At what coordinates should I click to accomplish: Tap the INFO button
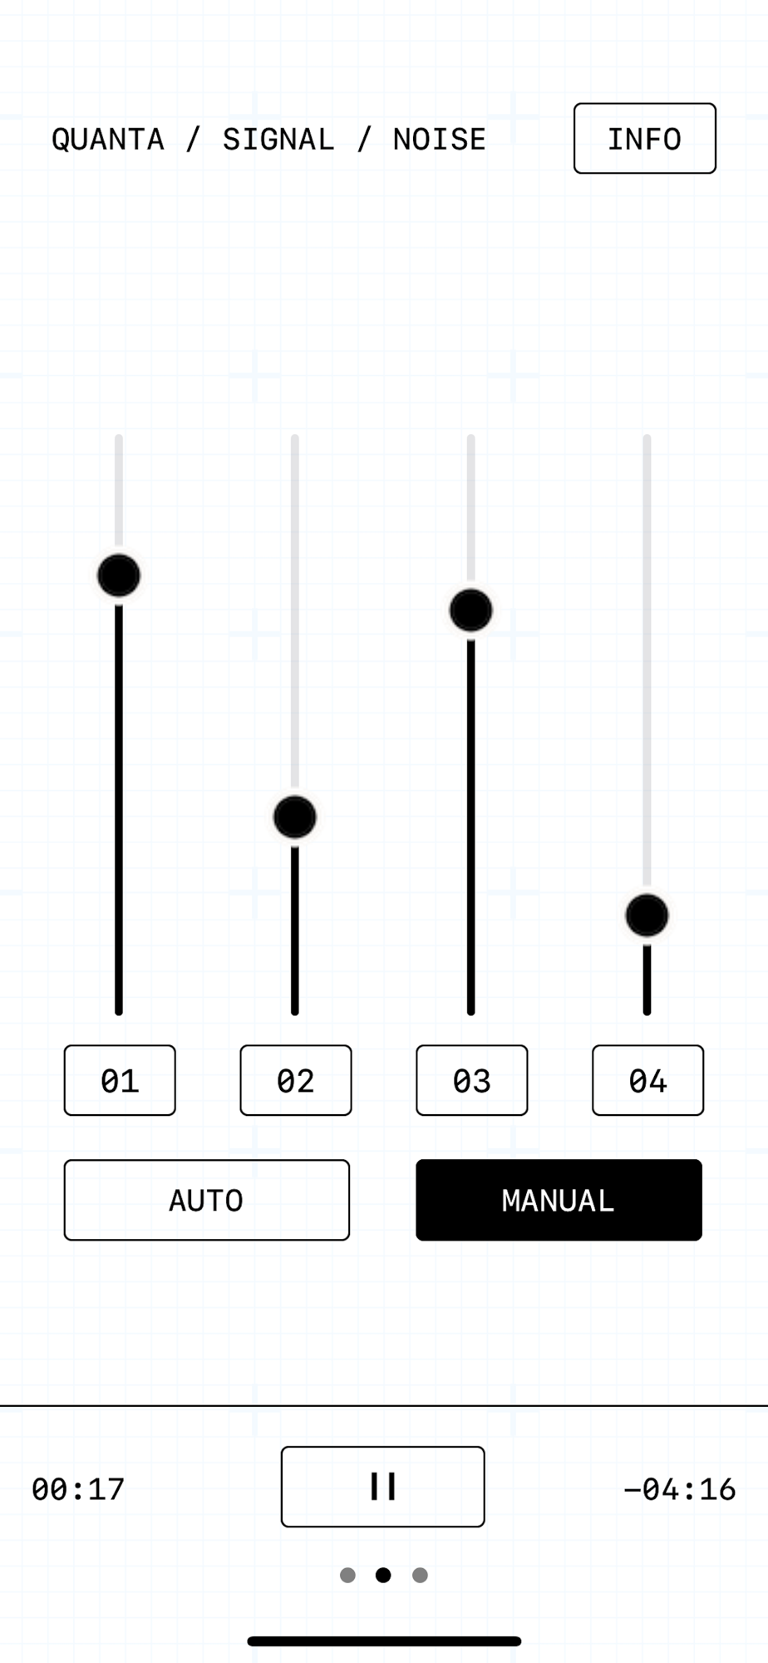[x=644, y=138]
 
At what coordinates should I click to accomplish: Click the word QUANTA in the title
[x=108, y=140]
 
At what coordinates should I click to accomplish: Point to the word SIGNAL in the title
[x=278, y=140]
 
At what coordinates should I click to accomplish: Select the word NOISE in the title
[x=440, y=140]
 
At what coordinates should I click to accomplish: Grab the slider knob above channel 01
[x=119, y=575]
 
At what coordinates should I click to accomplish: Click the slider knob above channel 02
[x=295, y=817]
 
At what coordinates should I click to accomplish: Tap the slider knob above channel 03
[x=471, y=610]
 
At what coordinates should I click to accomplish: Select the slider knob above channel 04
[x=647, y=915]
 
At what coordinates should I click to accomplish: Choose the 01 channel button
[x=120, y=1080]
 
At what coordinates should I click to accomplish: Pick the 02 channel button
[x=296, y=1080]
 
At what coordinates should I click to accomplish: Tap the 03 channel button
[x=472, y=1080]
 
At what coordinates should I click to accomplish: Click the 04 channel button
[x=648, y=1080]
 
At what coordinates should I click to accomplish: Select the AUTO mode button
[x=207, y=1200]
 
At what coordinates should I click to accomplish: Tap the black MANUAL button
[x=559, y=1200]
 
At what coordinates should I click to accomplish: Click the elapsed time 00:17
[x=78, y=1489]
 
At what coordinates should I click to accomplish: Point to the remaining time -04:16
[x=680, y=1489]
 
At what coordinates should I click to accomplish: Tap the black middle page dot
[x=383, y=1575]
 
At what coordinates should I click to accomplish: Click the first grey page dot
[x=348, y=1575]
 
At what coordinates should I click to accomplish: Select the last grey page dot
[x=421, y=1575]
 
